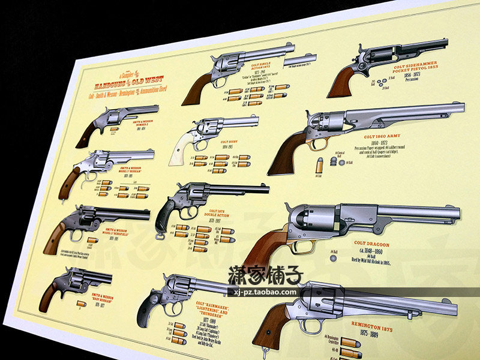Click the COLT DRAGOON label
coord(372,245)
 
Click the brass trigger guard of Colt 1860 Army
coord(317,144)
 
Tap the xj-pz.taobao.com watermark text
coord(263,293)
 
